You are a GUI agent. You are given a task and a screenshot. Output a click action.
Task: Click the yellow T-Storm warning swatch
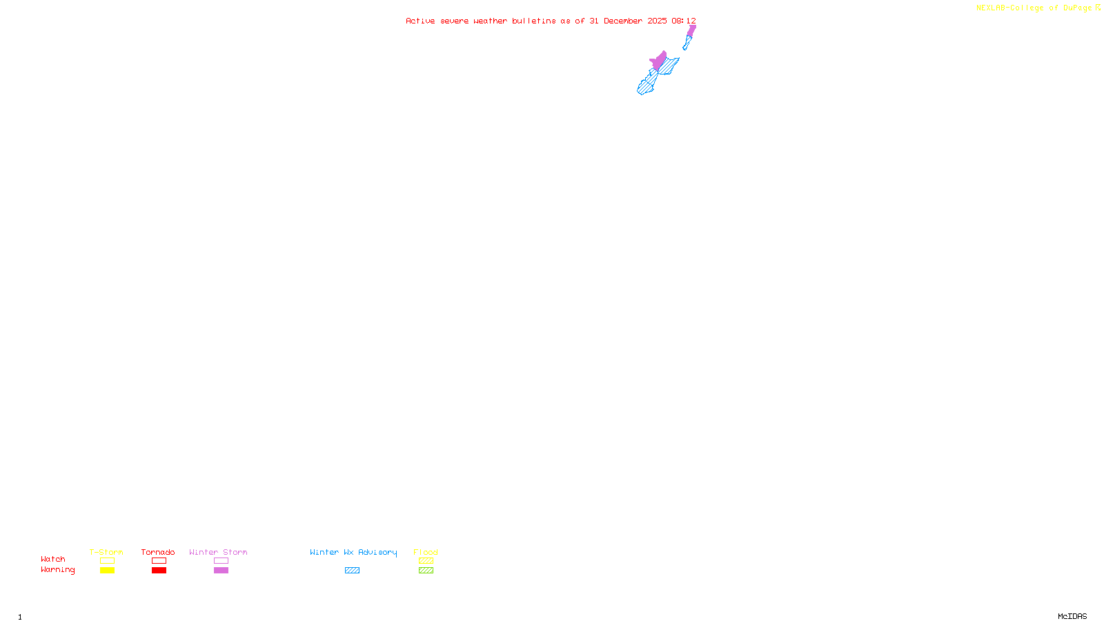click(x=107, y=571)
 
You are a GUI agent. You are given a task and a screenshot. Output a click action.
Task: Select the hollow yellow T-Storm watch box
click(x=107, y=561)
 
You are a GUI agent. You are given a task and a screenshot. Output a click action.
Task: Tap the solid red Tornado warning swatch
click(x=159, y=571)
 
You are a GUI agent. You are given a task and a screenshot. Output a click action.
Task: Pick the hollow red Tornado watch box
click(x=159, y=561)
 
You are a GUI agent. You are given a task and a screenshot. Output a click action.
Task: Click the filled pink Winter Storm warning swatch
click(x=221, y=571)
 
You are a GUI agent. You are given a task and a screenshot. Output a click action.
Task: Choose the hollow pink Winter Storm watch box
click(x=221, y=561)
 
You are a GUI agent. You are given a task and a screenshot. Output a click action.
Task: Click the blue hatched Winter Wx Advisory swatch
click(x=352, y=571)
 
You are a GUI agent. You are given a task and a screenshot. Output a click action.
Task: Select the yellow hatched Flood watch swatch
click(x=426, y=561)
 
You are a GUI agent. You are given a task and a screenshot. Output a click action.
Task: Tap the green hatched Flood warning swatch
click(x=426, y=571)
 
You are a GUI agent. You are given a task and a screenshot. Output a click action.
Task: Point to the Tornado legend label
click(x=158, y=552)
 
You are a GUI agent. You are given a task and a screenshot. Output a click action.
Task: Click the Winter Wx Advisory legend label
click(x=353, y=552)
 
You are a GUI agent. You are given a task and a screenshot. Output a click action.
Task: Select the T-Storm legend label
click(x=106, y=552)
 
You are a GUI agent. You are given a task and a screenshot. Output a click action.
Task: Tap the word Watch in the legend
click(x=53, y=560)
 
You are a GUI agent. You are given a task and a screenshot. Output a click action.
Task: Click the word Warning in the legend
click(x=57, y=570)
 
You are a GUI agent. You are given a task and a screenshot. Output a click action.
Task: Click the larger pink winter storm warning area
click(x=660, y=61)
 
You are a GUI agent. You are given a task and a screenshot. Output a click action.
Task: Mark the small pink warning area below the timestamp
click(x=691, y=30)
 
